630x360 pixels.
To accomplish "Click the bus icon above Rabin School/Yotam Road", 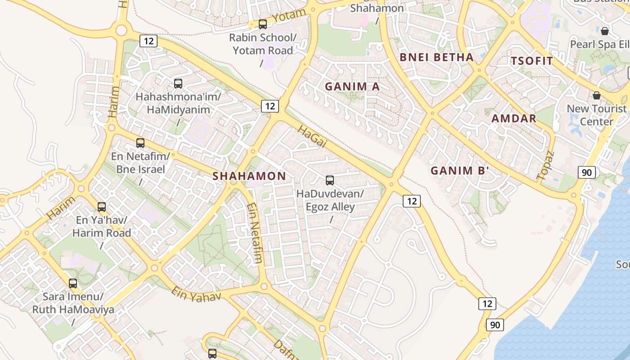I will tap(263, 24).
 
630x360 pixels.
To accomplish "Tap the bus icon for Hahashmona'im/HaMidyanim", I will tap(178, 83).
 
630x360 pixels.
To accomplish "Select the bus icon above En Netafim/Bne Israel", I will tap(140, 143).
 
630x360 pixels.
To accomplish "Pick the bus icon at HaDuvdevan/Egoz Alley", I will tap(330, 180).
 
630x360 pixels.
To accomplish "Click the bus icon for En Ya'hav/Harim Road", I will tap(102, 207).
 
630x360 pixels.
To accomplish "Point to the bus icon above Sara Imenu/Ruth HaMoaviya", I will tap(73, 283).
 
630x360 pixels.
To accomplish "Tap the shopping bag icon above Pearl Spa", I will tap(605, 31).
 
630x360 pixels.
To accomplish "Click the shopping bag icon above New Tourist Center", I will tap(597, 95).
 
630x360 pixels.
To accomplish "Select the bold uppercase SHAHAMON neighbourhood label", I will tap(249, 176).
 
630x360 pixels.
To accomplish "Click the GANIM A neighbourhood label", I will tap(352, 86).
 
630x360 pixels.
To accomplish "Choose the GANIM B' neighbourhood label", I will tap(459, 171).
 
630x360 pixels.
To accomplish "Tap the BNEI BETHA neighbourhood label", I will tap(436, 57).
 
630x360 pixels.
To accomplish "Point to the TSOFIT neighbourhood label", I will tap(532, 61).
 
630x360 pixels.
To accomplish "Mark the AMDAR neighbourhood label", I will tap(514, 118).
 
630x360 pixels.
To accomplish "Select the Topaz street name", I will tap(546, 166).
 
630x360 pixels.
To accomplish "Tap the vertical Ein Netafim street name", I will tap(254, 233).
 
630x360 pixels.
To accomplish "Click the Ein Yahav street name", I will tap(196, 294).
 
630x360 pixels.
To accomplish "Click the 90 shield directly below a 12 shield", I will tap(495, 324).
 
